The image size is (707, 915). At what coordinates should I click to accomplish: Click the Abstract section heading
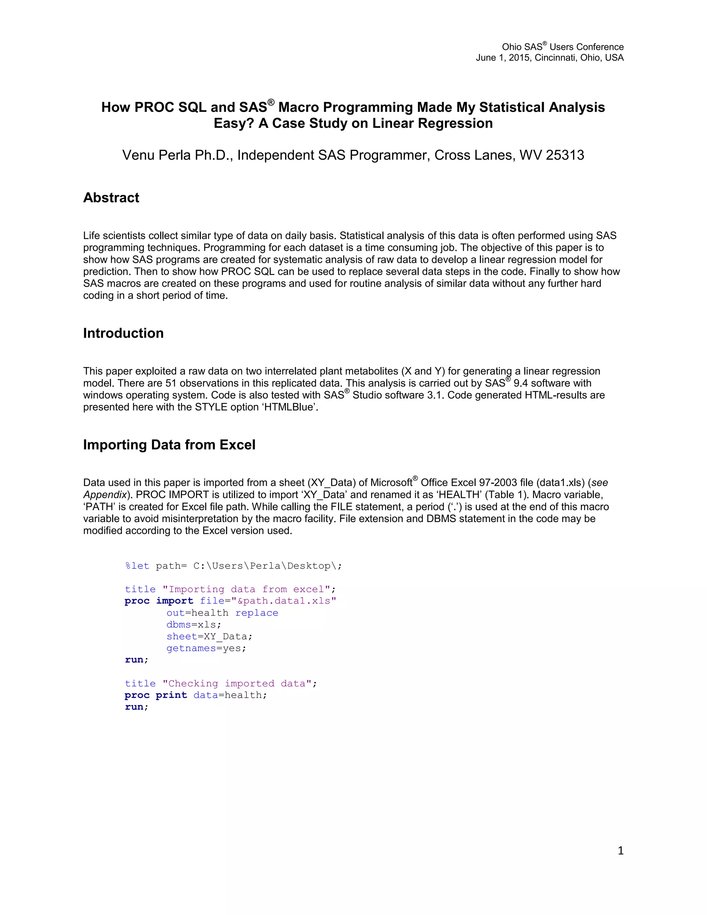pyautogui.click(x=111, y=198)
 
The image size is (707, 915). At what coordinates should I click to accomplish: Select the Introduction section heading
pyautogui.click(x=123, y=333)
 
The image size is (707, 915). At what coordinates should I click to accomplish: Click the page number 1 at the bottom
pyautogui.click(x=620, y=850)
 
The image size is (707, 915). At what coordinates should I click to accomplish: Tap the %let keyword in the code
pyautogui.click(x=137, y=566)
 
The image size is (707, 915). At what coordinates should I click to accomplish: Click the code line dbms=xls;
pyautogui.click(x=194, y=625)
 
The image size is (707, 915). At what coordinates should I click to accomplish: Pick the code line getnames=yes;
pyautogui.click(x=206, y=648)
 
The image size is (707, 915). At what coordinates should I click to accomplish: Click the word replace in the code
pyautogui.click(x=257, y=613)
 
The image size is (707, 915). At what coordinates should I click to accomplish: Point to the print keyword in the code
pyautogui.click(x=171, y=695)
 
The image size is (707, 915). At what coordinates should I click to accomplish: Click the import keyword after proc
pyautogui.click(x=175, y=601)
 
